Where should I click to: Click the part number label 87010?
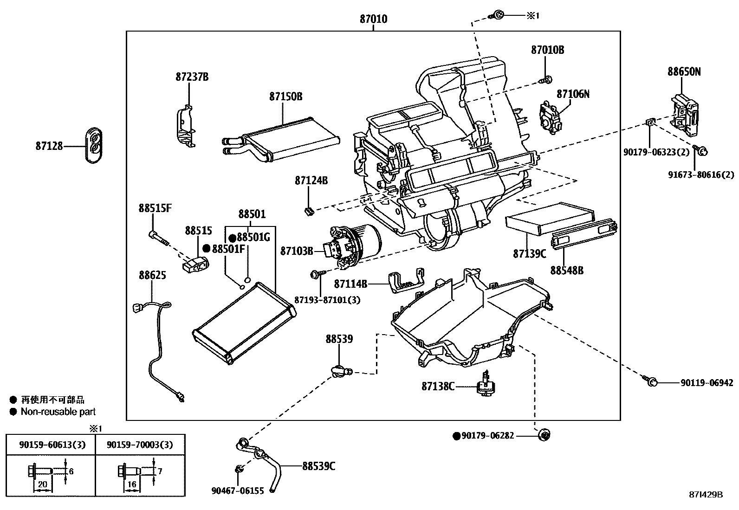tap(373, 19)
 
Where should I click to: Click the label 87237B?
tap(192, 77)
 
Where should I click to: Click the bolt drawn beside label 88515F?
tap(157, 237)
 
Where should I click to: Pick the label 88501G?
tap(253, 237)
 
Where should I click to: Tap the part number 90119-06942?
tap(707, 383)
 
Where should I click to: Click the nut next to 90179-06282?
tap(544, 435)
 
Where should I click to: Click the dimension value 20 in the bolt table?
tap(42, 484)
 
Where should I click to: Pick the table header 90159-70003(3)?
tap(140, 445)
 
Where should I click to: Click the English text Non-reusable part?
tap(58, 412)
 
